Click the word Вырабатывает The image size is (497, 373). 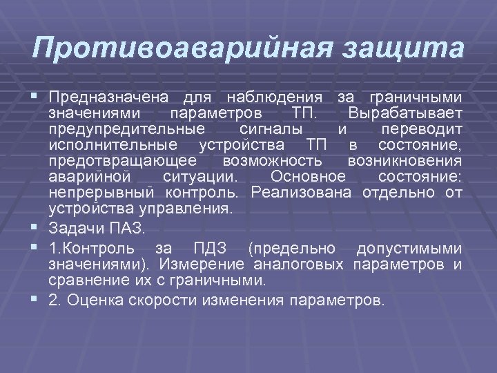[x=406, y=113]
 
